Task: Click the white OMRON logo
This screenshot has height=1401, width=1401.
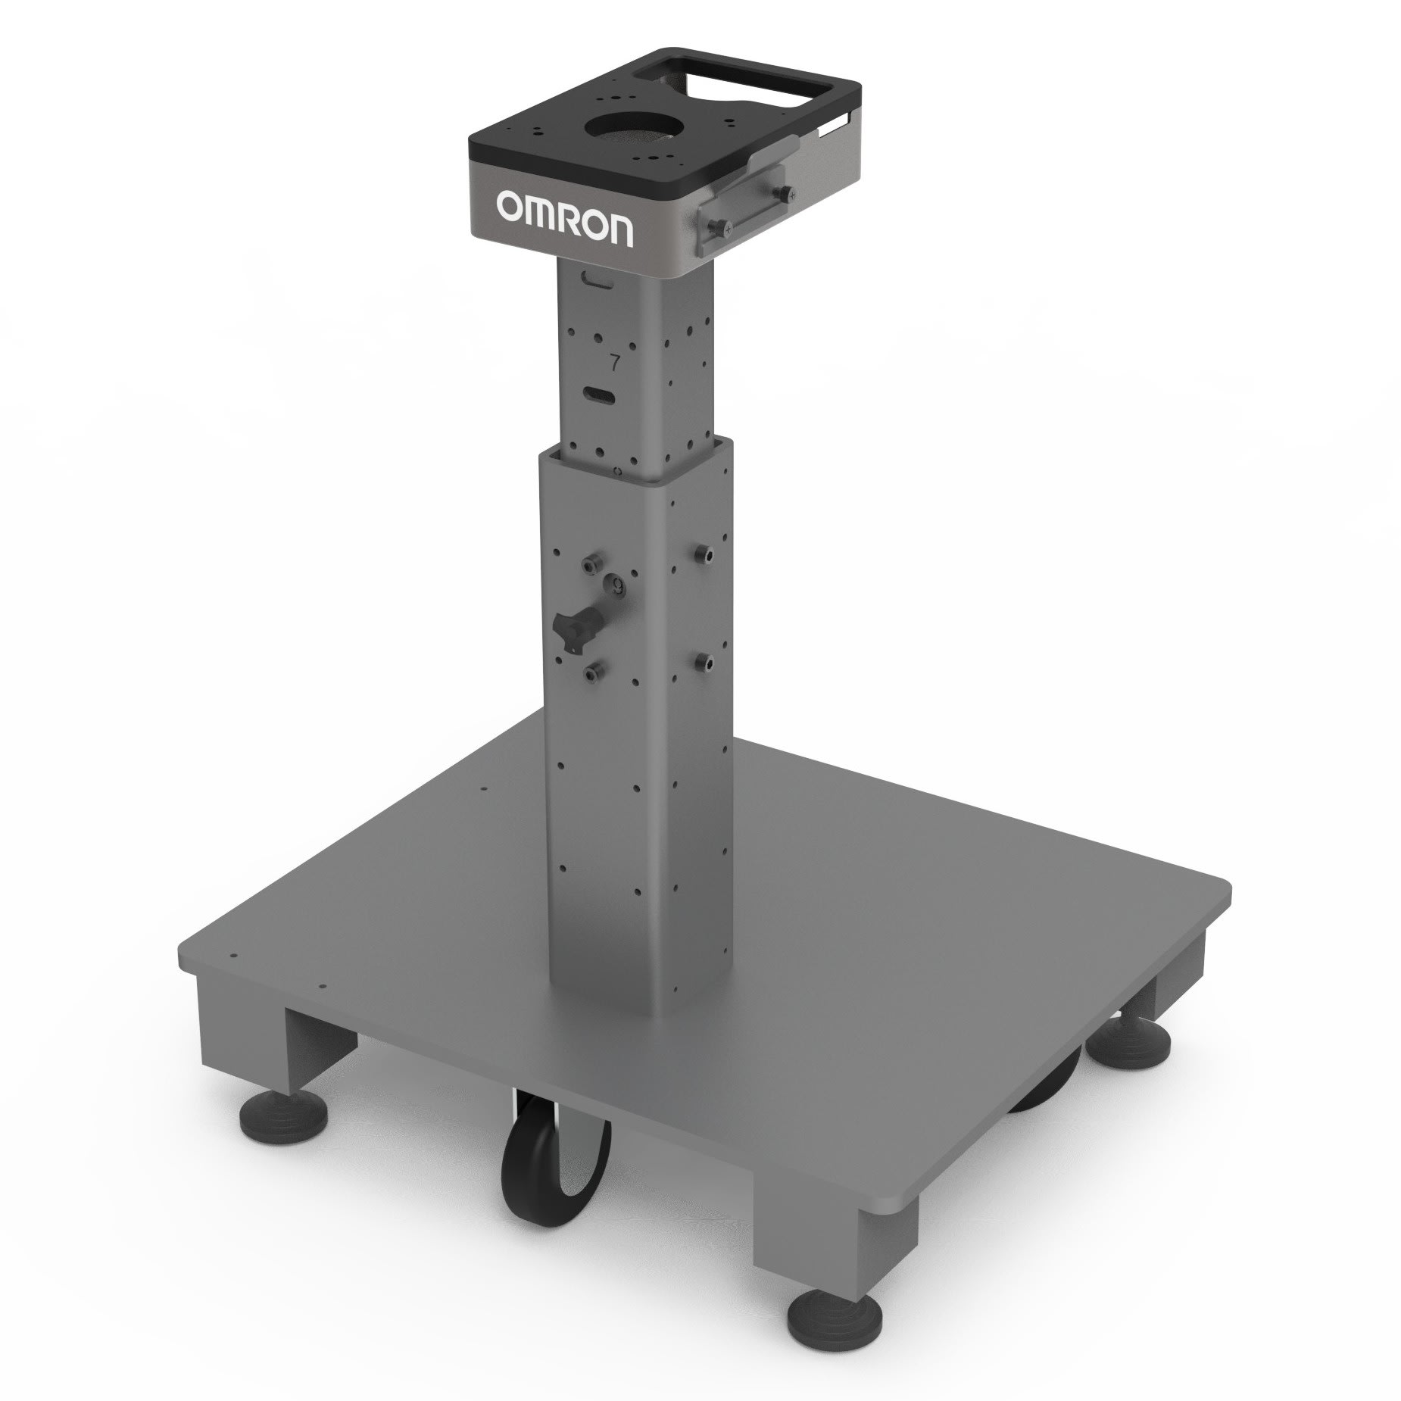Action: (564, 217)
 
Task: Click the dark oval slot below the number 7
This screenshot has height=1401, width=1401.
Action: (600, 395)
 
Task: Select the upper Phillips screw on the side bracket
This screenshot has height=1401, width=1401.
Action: (788, 194)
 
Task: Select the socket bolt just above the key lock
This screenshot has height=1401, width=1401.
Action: (590, 565)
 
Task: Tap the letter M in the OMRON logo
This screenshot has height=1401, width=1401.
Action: (545, 210)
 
